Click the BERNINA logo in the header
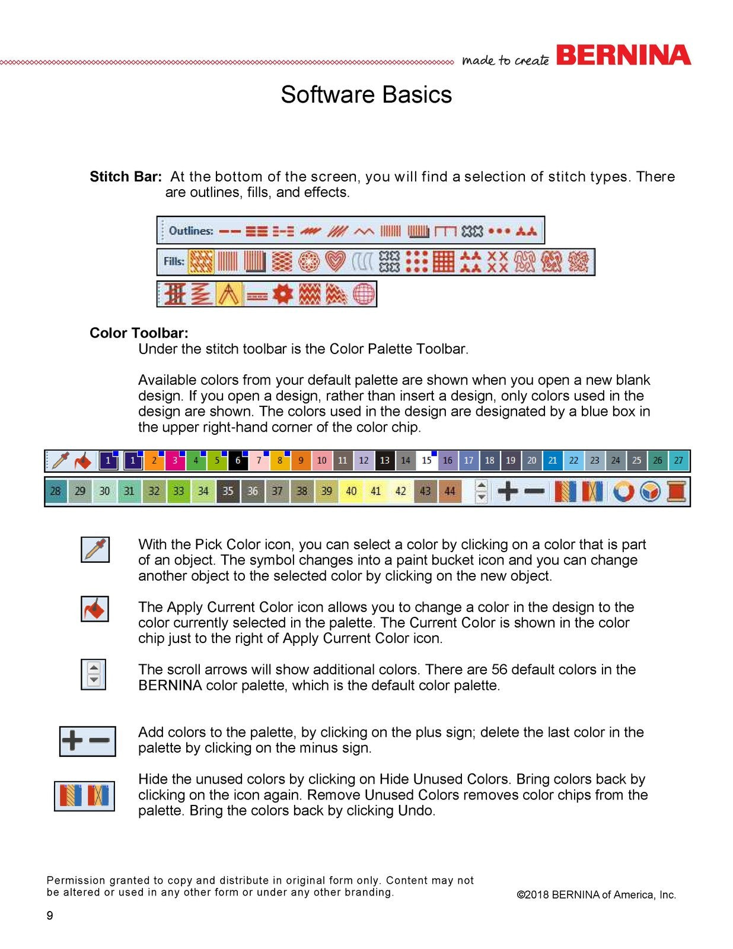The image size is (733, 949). point(623,56)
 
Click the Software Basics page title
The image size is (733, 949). point(366,95)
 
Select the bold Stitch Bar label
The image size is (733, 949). point(125,177)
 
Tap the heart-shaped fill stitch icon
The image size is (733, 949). point(335,261)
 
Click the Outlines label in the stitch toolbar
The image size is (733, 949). point(190,231)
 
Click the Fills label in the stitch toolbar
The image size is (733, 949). point(174,261)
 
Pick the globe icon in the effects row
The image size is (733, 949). point(364,294)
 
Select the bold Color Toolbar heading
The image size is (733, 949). point(139,333)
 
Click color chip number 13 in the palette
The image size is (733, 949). point(384,461)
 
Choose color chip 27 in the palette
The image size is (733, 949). point(678,461)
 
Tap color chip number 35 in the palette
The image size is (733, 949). point(228,491)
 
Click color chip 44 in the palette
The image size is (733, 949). point(450,491)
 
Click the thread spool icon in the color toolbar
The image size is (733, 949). point(676,491)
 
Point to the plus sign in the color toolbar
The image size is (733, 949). point(507,491)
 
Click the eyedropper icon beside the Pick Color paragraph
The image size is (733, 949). point(95,549)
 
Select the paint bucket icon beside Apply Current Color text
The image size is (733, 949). point(95,609)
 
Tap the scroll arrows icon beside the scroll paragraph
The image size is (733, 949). point(93,674)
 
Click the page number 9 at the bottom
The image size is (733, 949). point(50,915)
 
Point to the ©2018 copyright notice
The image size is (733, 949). point(596,895)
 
